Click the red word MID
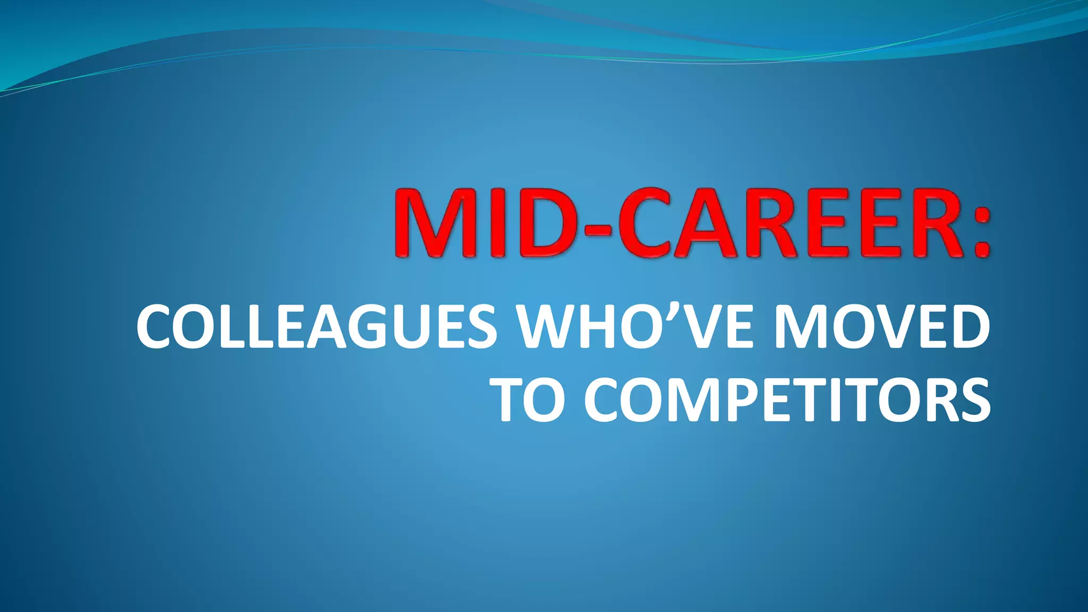click(483, 223)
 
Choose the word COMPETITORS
click(787, 399)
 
